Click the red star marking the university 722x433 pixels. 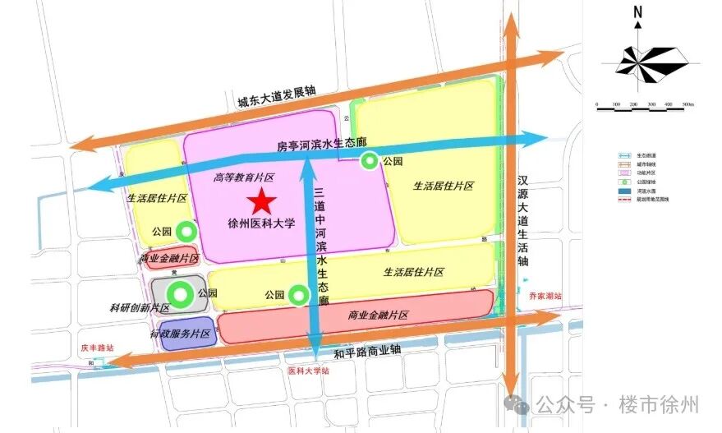(262, 201)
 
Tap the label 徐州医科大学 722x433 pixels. (260, 223)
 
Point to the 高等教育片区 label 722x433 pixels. (243, 177)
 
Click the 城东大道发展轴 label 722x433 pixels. (276, 97)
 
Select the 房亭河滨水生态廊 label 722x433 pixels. (315, 145)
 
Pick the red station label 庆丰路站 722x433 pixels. (96, 348)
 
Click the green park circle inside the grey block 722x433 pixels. (178, 293)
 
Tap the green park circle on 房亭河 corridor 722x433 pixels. (370, 161)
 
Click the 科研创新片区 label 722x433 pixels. (140, 308)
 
